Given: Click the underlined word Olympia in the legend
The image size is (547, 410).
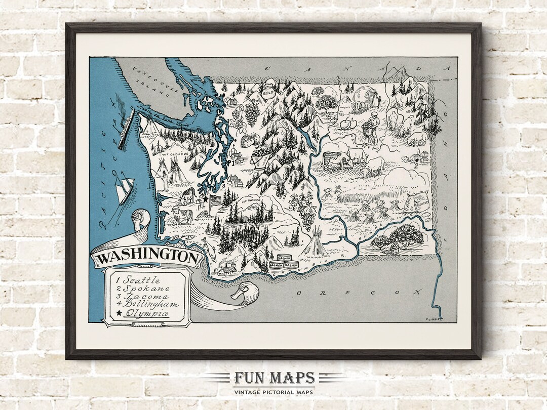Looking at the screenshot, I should tap(148, 314).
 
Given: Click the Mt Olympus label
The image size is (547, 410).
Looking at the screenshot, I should tap(175, 153).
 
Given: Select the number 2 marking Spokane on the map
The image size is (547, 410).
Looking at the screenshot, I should tap(415, 163).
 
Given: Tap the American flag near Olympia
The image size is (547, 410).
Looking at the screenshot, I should tap(216, 200).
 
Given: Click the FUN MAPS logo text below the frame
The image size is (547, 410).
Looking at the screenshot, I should tap(274, 378).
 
